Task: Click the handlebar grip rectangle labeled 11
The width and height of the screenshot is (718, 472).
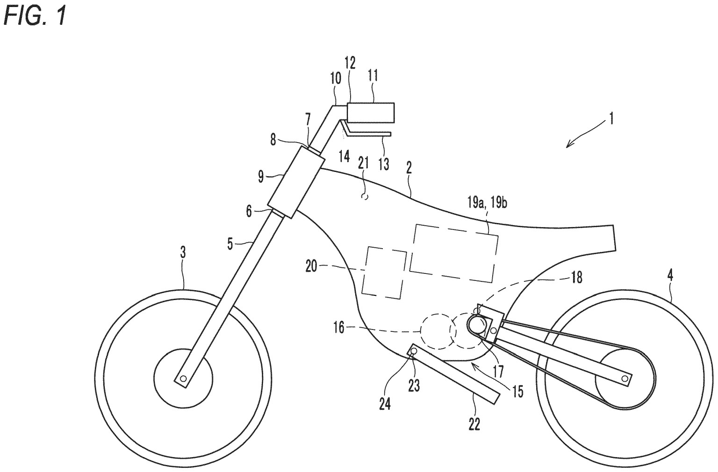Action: point(371,113)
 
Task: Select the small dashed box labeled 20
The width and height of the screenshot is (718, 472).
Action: point(385,272)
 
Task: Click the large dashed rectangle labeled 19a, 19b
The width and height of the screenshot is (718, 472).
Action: point(453,252)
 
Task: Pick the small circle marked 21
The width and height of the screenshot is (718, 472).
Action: point(366,197)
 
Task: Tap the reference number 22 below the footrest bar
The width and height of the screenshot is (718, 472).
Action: point(474,425)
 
